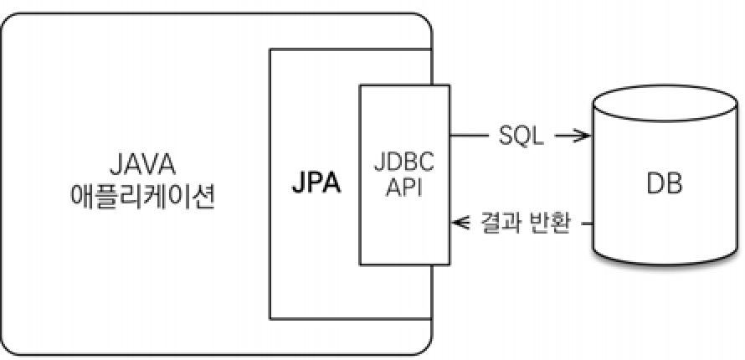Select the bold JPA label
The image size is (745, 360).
316,183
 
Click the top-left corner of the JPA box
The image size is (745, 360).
270,49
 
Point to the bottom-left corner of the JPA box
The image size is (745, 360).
270,318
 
